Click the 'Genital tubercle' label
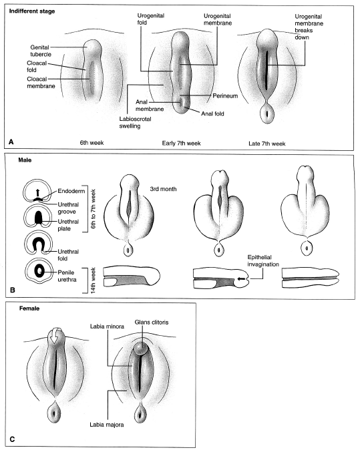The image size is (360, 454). click(41, 51)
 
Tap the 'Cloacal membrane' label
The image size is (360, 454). click(41, 83)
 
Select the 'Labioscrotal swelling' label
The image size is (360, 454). click(136, 122)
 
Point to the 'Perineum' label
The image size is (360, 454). click(225, 96)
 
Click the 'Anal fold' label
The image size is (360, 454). click(212, 113)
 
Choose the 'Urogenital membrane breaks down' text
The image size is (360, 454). click(309, 27)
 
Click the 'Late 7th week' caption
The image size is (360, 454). click(266, 144)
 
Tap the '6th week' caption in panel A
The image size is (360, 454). click(92, 143)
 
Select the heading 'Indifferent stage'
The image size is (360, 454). click(32, 11)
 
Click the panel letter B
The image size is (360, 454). click(12, 290)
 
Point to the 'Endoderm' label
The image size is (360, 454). click(71, 191)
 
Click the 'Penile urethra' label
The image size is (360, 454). click(67, 276)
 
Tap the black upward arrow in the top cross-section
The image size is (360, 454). click(37, 193)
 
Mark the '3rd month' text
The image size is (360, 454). click(163, 189)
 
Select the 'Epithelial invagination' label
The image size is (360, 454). click(263, 260)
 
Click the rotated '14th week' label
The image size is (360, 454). click(93, 280)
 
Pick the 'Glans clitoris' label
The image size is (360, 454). click(151, 322)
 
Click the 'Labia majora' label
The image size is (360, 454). click(107, 425)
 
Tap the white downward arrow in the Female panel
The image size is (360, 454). click(54, 336)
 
